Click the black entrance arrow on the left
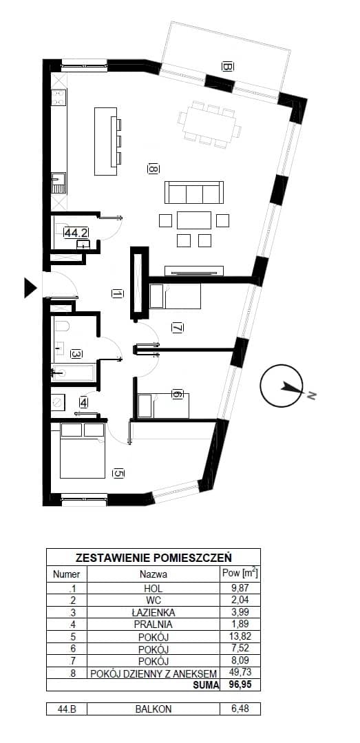click(x=30, y=288)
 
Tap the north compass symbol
click(x=282, y=386)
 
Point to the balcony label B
click(x=227, y=67)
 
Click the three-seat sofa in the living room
click(x=193, y=192)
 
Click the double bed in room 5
click(x=83, y=450)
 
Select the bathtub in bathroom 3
click(x=72, y=373)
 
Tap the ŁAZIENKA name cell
click(x=153, y=612)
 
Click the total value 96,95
click(x=240, y=684)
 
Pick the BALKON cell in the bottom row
click(x=153, y=709)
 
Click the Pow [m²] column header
click(x=240, y=574)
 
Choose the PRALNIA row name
click(x=153, y=624)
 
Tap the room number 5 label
click(x=119, y=473)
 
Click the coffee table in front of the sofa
click(x=193, y=220)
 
